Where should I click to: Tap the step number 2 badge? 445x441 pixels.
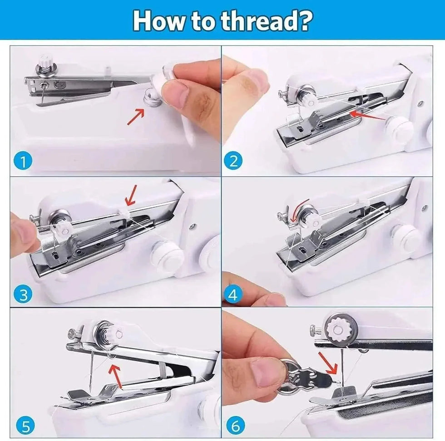click(233, 161)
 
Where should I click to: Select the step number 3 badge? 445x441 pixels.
click(23, 295)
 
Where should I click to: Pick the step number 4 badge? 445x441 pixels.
click(233, 295)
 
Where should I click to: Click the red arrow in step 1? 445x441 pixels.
click(136, 117)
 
